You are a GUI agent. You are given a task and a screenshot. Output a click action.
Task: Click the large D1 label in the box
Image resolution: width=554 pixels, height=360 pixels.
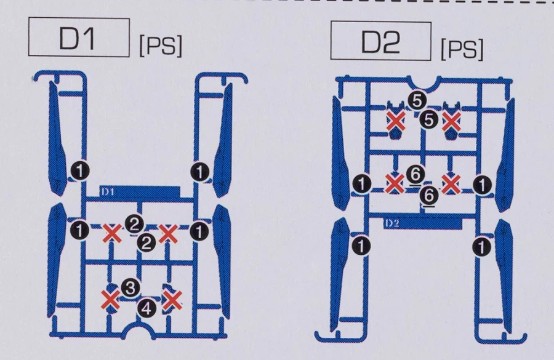pyautogui.click(x=77, y=38)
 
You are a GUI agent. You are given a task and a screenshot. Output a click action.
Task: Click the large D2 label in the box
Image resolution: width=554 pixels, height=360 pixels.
pyautogui.click(x=380, y=42)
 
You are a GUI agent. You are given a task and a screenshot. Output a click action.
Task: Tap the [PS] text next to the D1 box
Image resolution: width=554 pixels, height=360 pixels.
pyautogui.click(x=161, y=45)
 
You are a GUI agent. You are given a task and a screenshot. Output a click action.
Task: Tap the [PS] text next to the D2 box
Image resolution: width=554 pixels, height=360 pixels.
pyautogui.click(x=462, y=49)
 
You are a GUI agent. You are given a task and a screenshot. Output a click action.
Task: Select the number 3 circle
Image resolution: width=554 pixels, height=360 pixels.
pyautogui.click(x=130, y=288)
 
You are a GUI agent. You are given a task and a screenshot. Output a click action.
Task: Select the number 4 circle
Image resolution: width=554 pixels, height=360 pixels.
pyautogui.click(x=147, y=308)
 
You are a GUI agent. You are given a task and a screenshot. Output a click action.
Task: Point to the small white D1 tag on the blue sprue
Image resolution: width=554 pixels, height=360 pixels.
pyautogui.click(x=108, y=192)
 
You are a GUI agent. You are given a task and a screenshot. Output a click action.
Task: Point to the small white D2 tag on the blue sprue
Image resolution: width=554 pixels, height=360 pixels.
pyautogui.click(x=391, y=223)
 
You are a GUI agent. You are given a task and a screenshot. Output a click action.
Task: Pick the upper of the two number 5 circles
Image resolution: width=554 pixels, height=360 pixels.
pyautogui.click(x=417, y=101)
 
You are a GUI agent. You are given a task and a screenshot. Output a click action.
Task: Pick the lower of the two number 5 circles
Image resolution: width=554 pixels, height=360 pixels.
pyautogui.click(x=429, y=120)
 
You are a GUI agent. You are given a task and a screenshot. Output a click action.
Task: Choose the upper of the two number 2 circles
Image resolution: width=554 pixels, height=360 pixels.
pyautogui.click(x=134, y=223)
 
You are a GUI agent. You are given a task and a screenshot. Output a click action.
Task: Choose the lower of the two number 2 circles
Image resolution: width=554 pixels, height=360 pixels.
pyautogui.click(x=147, y=242)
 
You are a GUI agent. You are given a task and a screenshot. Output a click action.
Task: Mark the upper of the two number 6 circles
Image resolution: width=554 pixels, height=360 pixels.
pyautogui.click(x=415, y=175)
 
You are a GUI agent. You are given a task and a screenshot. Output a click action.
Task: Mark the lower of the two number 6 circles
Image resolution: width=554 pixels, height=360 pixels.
pyautogui.click(x=429, y=195)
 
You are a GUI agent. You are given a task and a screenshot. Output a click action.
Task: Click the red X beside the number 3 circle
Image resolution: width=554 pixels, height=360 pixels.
pyautogui.click(x=111, y=300)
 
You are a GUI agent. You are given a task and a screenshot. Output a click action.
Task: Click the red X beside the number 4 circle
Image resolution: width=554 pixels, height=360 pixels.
pyautogui.click(x=172, y=300)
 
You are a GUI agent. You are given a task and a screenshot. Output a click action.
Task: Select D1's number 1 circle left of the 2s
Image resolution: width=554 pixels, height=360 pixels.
pyautogui.click(x=80, y=230)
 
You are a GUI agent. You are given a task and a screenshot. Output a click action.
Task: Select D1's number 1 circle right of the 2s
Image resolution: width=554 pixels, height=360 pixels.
pyautogui.click(x=199, y=231)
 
